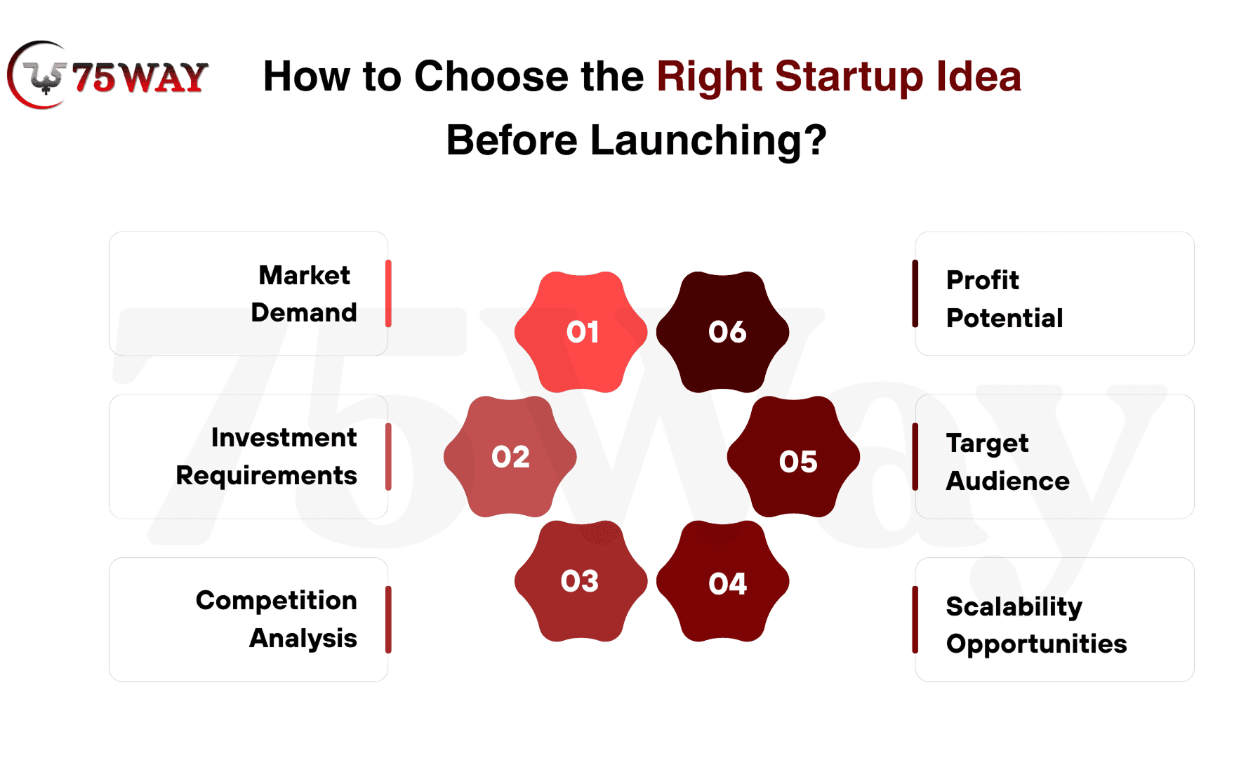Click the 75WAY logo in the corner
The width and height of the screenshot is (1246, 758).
click(x=107, y=75)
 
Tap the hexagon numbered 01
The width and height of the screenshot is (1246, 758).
click(x=581, y=332)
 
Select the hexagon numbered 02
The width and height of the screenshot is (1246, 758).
click(x=510, y=457)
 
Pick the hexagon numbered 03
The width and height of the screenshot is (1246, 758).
click(x=581, y=581)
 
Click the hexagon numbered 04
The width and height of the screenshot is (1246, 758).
click(x=723, y=581)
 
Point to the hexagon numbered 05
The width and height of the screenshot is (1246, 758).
click(x=794, y=457)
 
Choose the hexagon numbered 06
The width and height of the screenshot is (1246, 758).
click(x=723, y=332)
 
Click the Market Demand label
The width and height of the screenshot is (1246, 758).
click(x=304, y=293)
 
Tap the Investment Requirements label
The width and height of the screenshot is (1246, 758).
click(x=267, y=456)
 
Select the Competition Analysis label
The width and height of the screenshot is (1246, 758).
click(x=277, y=619)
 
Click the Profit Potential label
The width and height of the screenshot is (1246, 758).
click(x=1005, y=298)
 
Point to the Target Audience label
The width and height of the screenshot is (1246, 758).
click(x=1008, y=462)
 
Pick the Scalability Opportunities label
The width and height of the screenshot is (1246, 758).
click(x=1036, y=625)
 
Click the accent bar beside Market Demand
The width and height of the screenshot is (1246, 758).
click(x=388, y=293)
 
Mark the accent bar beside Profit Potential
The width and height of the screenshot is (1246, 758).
click(x=915, y=293)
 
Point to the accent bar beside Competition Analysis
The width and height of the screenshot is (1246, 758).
click(x=388, y=620)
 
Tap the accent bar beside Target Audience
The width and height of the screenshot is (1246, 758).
click(x=915, y=457)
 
